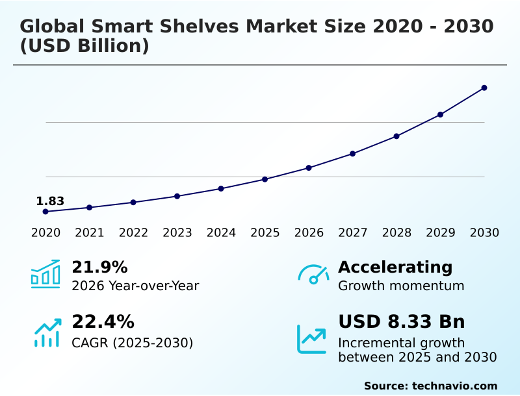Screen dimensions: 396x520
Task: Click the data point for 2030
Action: tap(484, 88)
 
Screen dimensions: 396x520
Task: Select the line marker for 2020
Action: tap(45, 212)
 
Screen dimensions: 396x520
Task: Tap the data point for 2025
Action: tap(265, 179)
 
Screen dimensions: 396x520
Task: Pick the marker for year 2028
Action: tap(396, 136)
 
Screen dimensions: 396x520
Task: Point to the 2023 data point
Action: tap(177, 196)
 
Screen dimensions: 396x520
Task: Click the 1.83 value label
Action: tap(50, 201)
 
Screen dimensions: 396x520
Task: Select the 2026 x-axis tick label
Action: tap(309, 233)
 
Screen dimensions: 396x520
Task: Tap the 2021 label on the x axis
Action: tap(90, 233)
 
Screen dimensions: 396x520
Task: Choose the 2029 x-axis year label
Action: tap(440, 233)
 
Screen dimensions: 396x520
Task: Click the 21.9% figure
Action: tap(99, 267)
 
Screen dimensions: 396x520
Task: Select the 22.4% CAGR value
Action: tap(103, 322)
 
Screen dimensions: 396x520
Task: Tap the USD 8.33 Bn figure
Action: tap(402, 322)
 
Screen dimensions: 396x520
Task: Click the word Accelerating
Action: tap(395, 267)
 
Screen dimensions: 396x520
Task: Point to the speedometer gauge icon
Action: tap(313, 275)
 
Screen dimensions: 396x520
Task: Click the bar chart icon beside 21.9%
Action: tap(45, 275)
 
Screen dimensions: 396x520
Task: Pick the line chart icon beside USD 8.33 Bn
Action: tap(312, 339)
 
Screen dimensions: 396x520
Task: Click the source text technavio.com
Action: tap(454, 386)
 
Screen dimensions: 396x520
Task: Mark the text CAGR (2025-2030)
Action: tap(133, 343)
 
